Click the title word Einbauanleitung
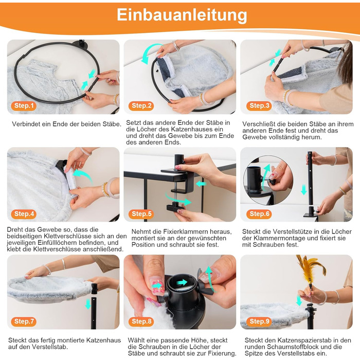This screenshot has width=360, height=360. point(182,15)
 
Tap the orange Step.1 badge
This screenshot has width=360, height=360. point(24,105)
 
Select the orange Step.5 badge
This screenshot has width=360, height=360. point(141,214)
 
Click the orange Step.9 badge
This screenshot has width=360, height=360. point(259,321)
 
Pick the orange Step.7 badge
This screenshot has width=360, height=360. point(24,321)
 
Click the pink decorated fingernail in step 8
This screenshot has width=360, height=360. point(157,286)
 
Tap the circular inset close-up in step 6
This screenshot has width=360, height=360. point(268,181)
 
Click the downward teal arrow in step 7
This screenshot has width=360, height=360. point(88,304)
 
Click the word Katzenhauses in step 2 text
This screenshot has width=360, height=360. point(197,129)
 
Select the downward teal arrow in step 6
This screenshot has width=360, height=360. point(304,190)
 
